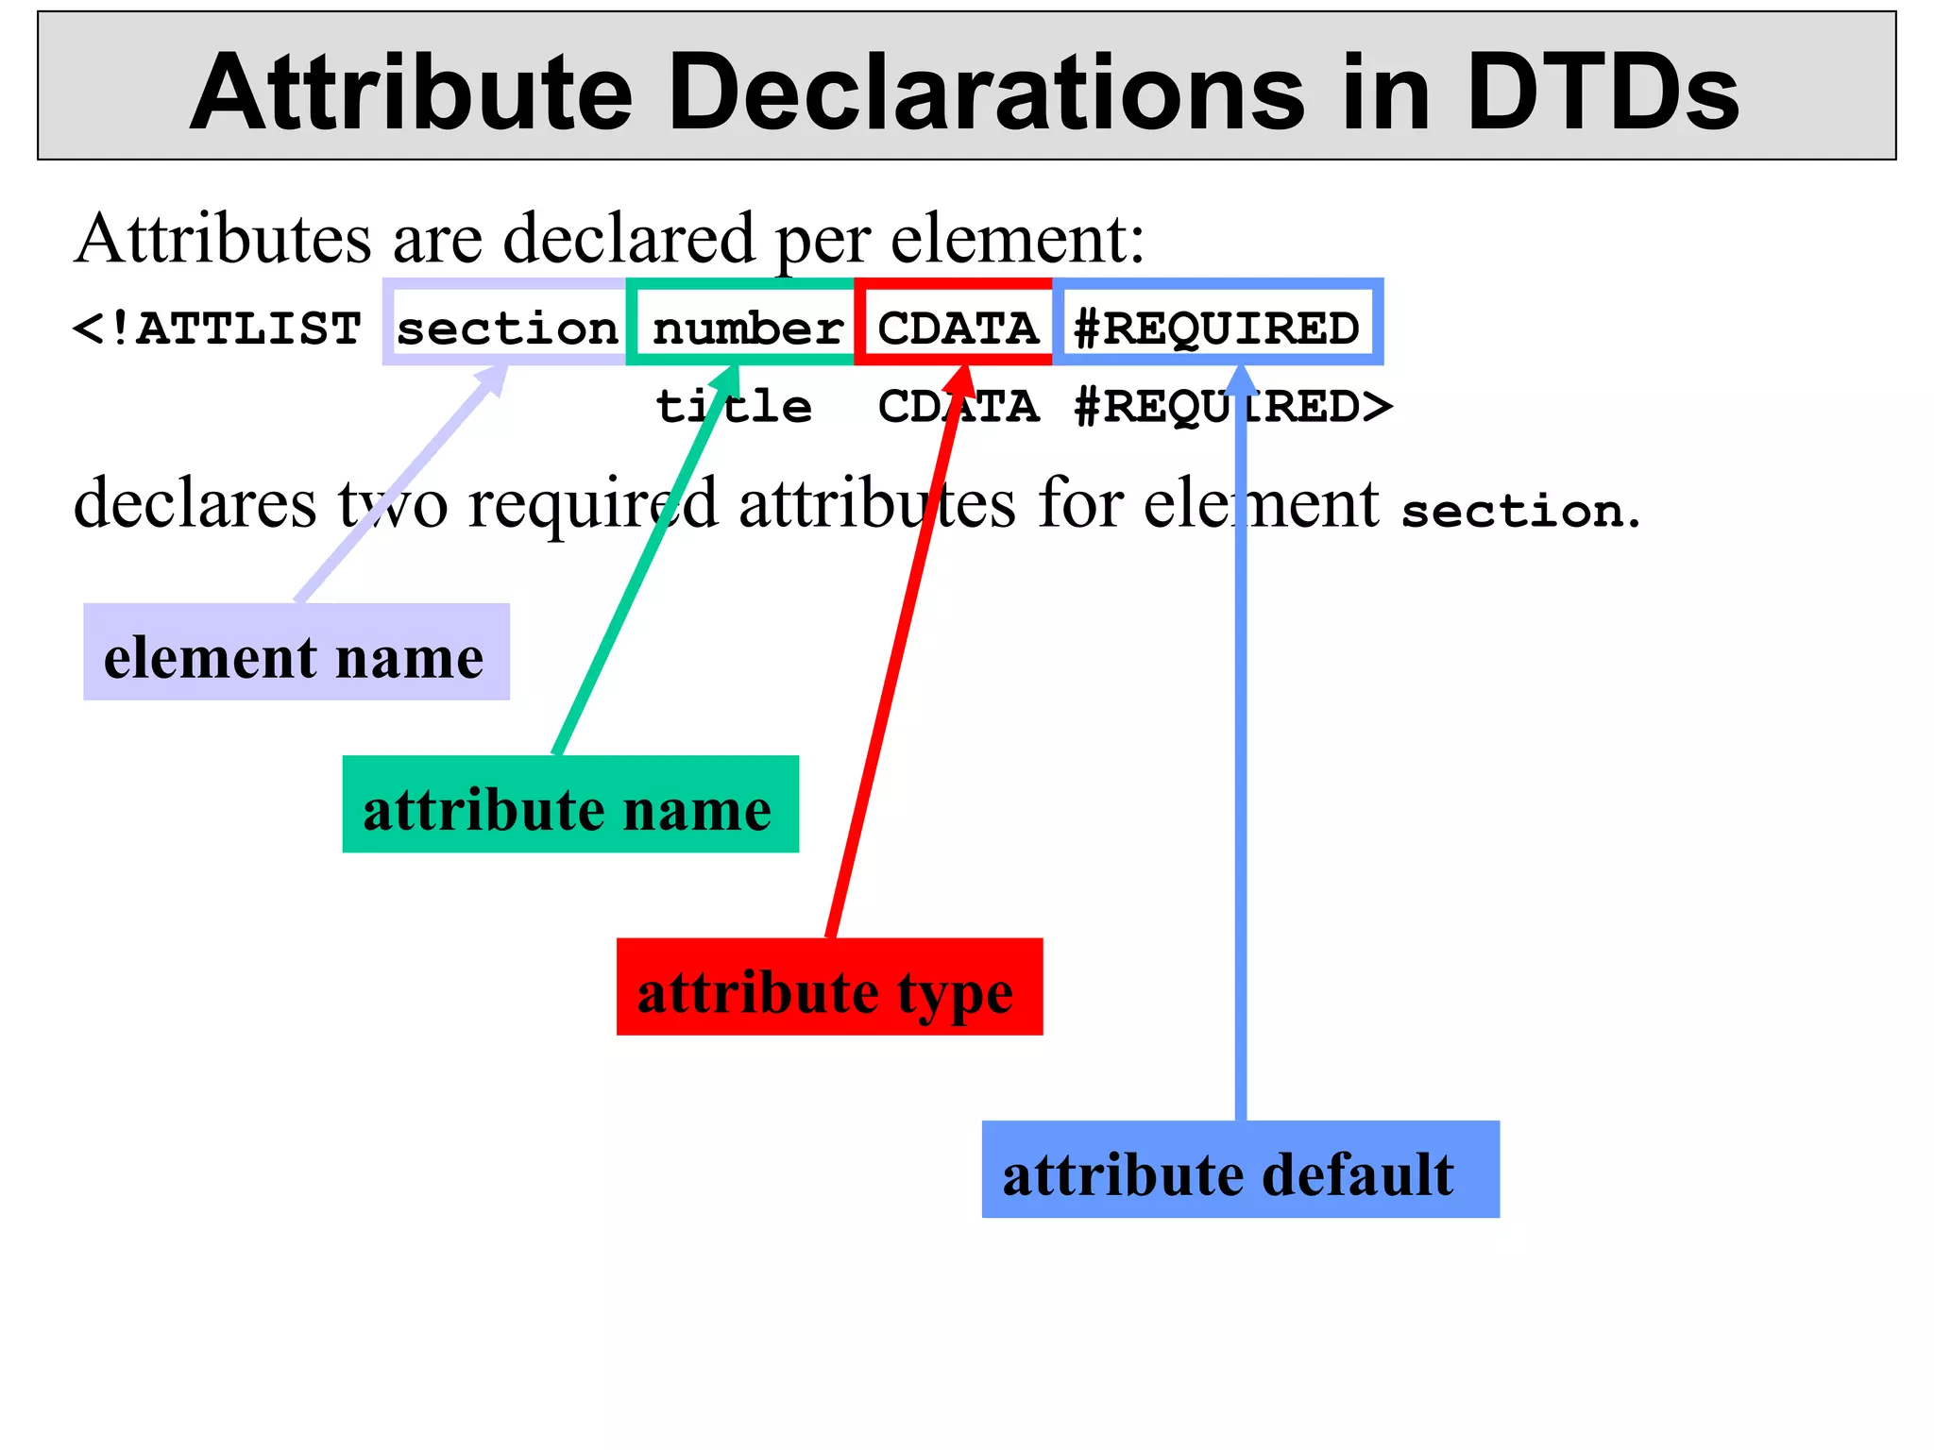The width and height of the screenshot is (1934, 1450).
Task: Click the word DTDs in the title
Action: (1602, 93)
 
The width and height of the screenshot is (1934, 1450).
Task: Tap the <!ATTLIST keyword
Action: (217, 329)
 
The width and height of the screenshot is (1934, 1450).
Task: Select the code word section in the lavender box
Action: (506, 329)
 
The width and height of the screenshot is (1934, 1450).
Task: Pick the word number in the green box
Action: (747, 329)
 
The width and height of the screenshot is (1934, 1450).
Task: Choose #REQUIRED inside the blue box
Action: (1216, 329)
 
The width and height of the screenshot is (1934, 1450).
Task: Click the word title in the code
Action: (734, 406)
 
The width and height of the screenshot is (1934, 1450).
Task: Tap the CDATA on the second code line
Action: (958, 406)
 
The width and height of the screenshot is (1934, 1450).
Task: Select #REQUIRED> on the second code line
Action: (1233, 406)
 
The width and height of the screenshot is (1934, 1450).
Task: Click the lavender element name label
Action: (296, 653)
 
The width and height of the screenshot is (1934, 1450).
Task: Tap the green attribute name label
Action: (569, 805)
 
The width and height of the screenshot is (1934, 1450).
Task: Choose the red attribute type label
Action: (828, 987)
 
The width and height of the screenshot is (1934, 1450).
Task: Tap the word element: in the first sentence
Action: (1017, 239)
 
